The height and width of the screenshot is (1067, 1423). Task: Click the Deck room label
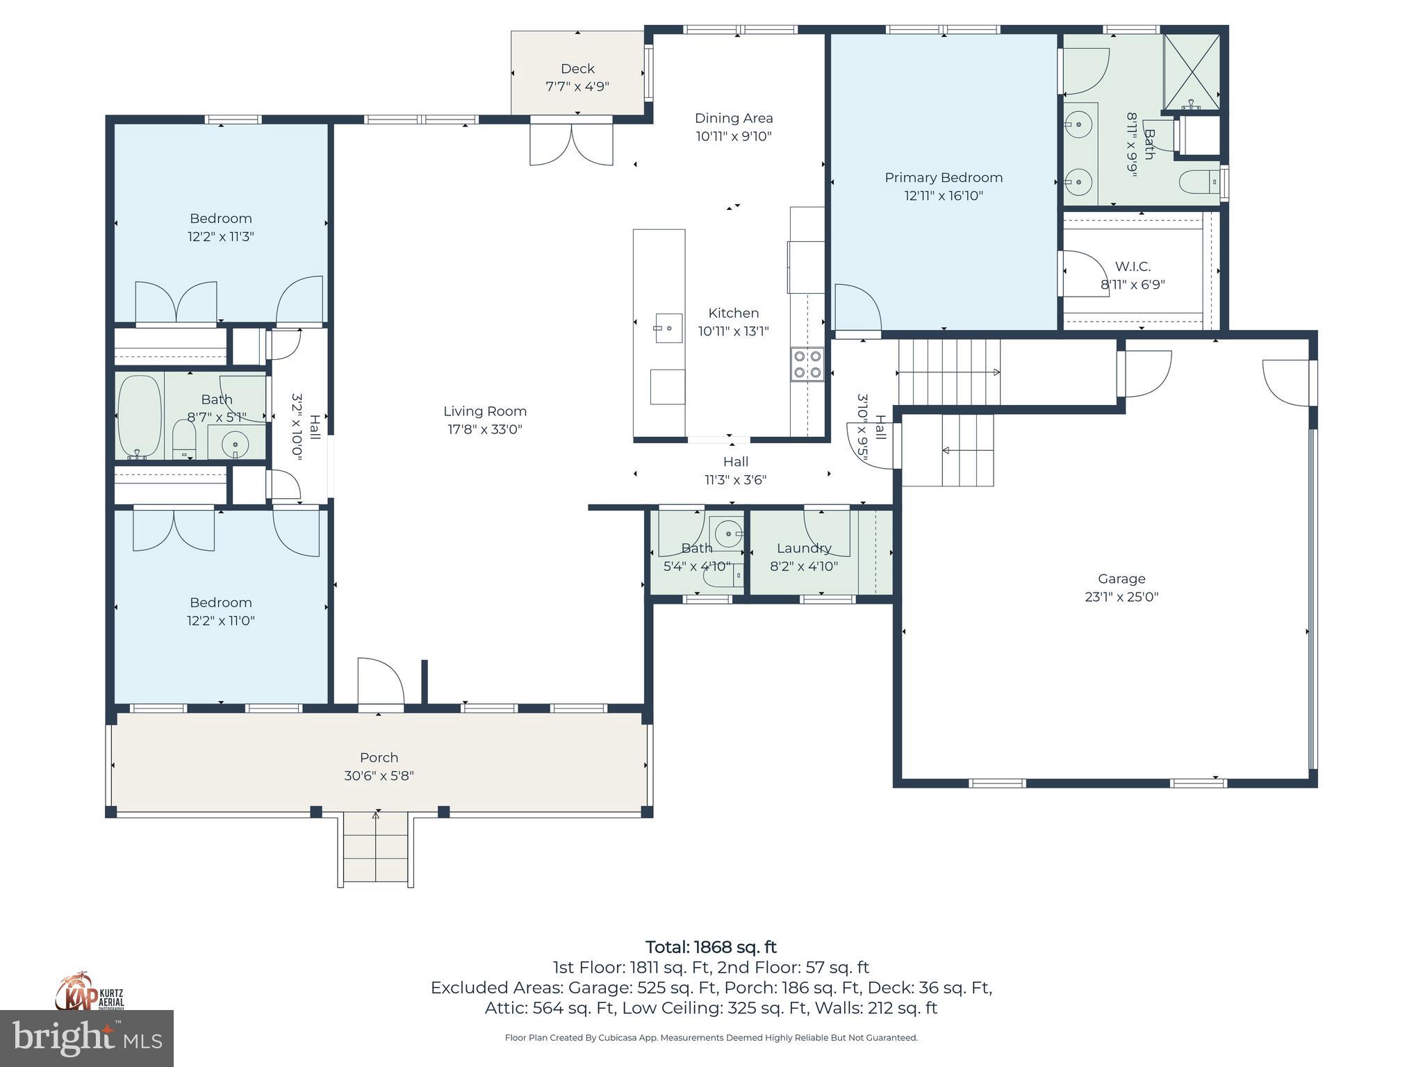(577, 69)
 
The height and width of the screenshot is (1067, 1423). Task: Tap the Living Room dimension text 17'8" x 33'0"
(484, 429)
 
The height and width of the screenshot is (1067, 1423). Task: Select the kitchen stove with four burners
(807, 365)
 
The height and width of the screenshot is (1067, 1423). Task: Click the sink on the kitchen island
(668, 328)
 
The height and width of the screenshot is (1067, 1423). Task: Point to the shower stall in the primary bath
(1192, 72)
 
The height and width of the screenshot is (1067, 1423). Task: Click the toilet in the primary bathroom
(1199, 182)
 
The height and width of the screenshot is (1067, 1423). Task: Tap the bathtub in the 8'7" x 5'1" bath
(140, 416)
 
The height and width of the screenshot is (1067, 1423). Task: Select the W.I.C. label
(1133, 267)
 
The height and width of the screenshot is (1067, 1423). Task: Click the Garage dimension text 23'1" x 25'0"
(1121, 597)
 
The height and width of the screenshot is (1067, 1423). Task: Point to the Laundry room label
(804, 548)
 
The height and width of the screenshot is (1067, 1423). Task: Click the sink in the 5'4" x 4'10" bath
(727, 533)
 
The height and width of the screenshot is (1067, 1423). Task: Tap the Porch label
(379, 757)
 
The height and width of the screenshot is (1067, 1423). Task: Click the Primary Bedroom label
(943, 178)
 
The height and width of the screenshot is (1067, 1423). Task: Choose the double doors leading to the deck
(571, 144)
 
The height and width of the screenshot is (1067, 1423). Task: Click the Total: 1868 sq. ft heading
(711, 947)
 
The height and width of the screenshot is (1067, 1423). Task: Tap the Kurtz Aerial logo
(89, 991)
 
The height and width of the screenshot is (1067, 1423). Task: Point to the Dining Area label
(734, 118)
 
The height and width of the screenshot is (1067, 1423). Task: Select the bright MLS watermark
(86, 1038)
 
